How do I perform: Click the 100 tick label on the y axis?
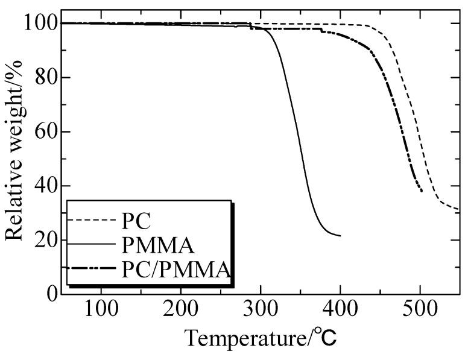point(42,24)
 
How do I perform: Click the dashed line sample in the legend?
point(91,221)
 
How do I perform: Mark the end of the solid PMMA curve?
point(340,236)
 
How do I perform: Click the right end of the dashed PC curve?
point(459,209)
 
